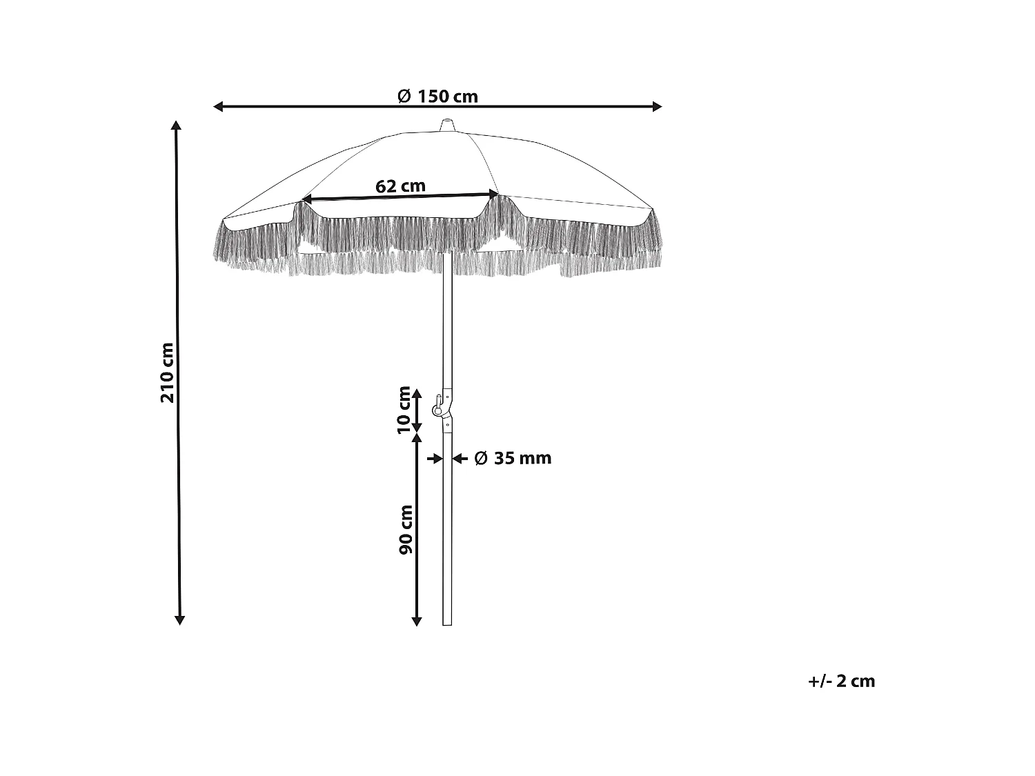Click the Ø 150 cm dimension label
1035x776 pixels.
point(438,97)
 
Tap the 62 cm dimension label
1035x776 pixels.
point(400,186)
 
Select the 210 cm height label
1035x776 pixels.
point(168,372)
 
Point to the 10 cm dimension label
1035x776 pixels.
point(405,410)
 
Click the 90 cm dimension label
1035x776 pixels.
point(406,530)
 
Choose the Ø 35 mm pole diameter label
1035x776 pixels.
point(513,458)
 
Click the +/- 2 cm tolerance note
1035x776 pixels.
point(841,682)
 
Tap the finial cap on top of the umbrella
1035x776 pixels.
point(447,126)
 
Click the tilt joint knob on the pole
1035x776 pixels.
point(437,410)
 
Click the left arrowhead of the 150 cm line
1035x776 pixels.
point(219,106)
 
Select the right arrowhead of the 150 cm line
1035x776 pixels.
point(657,106)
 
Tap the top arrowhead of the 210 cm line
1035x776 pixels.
point(177,126)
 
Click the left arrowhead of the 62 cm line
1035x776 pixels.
point(306,199)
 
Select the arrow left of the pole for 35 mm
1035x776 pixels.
point(435,458)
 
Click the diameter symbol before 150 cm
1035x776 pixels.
point(405,97)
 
